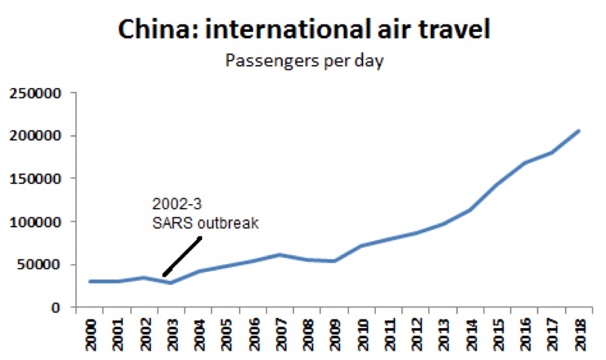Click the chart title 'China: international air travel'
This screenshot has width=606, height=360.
304,29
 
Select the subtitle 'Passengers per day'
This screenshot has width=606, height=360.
304,61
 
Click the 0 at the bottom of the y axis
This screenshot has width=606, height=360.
63,308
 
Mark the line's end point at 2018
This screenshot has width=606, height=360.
579,130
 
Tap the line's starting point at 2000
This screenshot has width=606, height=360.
90,281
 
